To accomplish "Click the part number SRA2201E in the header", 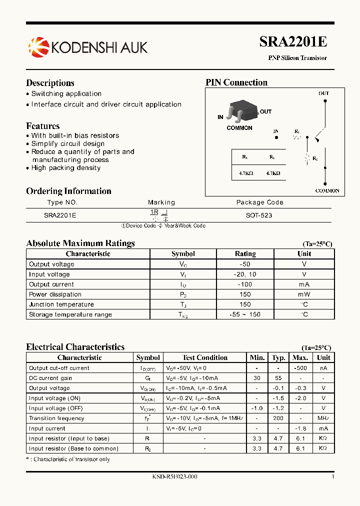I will tap(293, 42).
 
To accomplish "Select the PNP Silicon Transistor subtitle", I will tap(297, 58).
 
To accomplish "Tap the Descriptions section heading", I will tap(50, 83).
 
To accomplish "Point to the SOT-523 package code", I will tap(259, 215).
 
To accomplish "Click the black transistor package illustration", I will tap(242, 111).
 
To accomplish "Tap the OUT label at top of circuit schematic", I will tap(323, 93).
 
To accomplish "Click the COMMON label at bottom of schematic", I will tap(327, 190).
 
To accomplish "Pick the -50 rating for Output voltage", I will tap(245, 264).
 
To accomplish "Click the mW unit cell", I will tap(304, 294).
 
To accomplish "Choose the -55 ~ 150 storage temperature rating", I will tap(245, 314).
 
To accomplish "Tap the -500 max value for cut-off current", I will tap(300, 368).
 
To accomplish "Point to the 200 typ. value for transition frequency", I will tap(278, 418).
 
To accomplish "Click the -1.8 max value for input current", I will tap(300, 428).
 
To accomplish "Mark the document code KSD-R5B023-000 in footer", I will tap(174, 477).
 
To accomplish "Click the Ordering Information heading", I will tap(68, 191).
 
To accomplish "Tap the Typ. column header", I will tap(278, 357).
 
